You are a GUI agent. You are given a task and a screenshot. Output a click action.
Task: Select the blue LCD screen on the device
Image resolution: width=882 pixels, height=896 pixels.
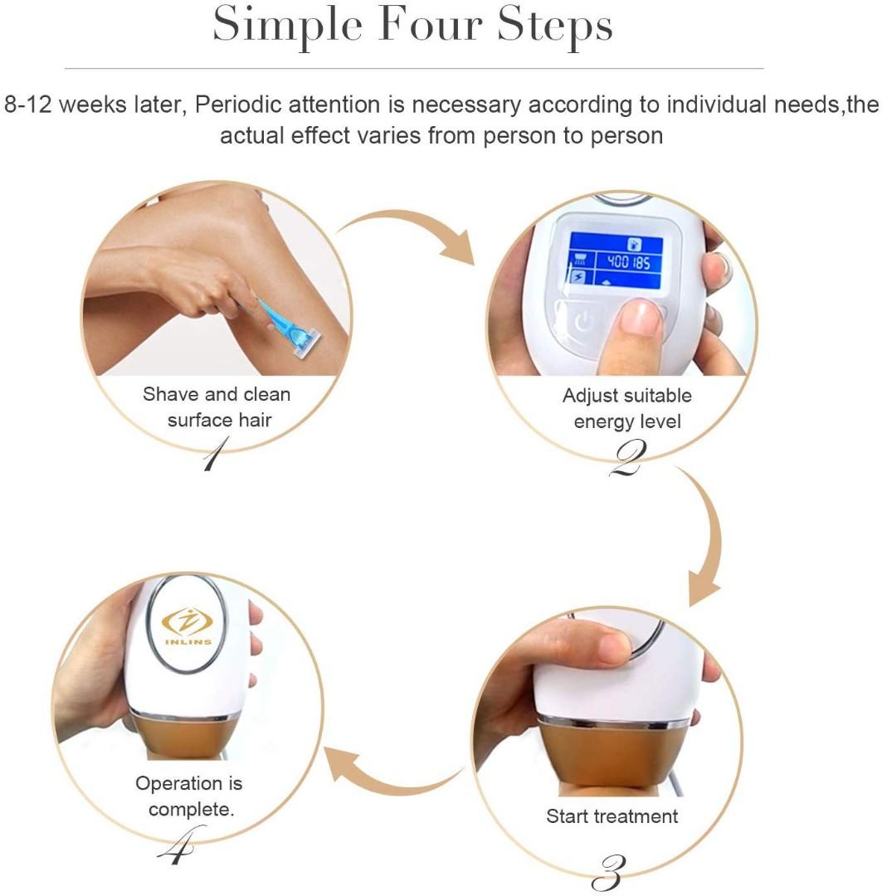615,261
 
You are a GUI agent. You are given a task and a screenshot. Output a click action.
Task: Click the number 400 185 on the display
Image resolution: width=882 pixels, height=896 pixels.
628,263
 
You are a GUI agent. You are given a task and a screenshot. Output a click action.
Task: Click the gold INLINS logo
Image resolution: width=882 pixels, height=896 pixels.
187,623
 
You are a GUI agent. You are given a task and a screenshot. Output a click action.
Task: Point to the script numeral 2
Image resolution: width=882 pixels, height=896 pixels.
626,460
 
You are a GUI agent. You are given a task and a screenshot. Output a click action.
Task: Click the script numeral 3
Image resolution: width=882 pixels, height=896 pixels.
610,871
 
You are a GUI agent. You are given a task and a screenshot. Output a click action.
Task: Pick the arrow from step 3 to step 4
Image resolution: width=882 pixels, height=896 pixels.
390,767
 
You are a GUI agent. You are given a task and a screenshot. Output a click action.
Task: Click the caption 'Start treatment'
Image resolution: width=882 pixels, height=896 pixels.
612,816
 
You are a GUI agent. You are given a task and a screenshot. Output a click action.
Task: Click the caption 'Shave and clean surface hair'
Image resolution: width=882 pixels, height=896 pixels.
217,407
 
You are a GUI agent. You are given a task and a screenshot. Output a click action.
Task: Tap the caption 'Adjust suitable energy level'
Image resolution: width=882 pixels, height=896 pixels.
626,408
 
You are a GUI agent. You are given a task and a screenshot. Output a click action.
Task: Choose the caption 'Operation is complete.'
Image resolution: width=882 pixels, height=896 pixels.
190,796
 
